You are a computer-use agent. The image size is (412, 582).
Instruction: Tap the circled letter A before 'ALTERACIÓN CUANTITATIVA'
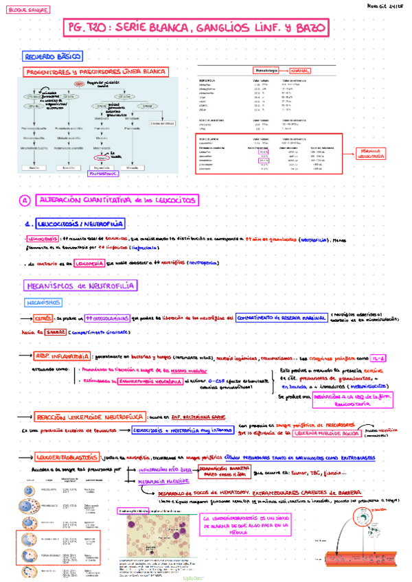coord(25,200)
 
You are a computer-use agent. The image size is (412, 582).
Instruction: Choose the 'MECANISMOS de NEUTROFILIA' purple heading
coord(79,285)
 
